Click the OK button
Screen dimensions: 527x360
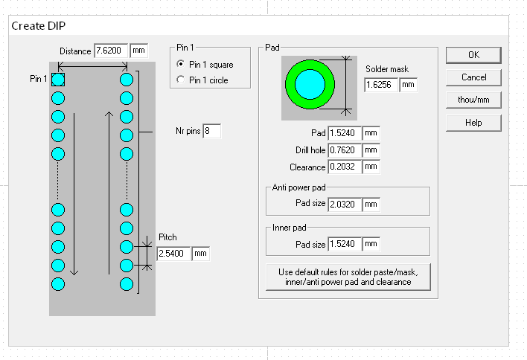(x=473, y=55)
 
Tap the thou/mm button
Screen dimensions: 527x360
(x=473, y=100)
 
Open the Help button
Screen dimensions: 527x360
(x=473, y=123)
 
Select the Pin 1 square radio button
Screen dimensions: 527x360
(x=180, y=64)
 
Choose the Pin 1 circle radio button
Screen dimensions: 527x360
(x=180, y=80)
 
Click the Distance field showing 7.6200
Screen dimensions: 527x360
(x=111, y=51)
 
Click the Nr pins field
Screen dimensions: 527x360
(x=211, y=131)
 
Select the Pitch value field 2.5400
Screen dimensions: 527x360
(x=173, y=254)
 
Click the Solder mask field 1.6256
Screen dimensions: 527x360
(x=381, y=85)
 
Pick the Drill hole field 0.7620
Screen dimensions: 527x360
(x=345, y=150)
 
